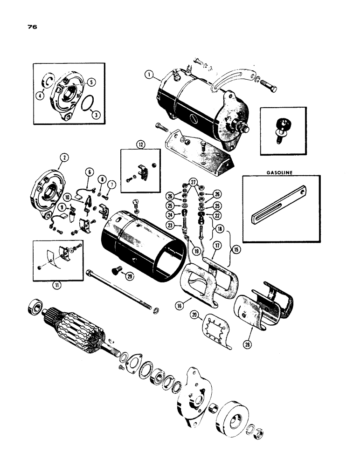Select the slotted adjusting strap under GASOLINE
pyautogui.click(x=282, y=206)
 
